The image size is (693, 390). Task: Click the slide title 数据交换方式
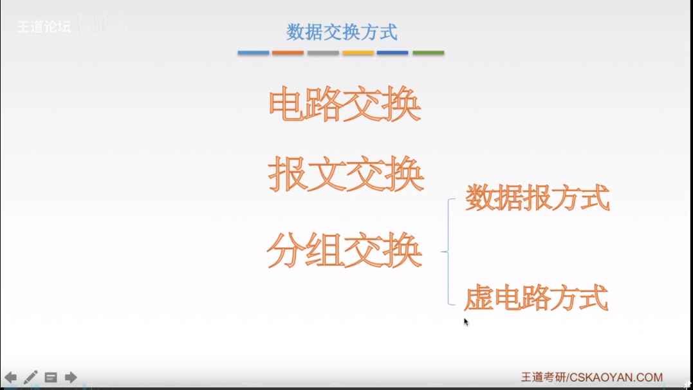click(x=341, y=31)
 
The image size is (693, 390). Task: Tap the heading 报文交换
click(x=346, y=174)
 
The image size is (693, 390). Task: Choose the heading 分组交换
click(x=345, y=251)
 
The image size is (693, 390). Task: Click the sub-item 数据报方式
click(x=537, y=198)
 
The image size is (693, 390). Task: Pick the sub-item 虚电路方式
click(x=535, y=299)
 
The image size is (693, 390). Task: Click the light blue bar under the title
click(x=253, y=53)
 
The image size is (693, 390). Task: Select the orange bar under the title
click(x=288, y=53)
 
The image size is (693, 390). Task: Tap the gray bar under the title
click(x=323, y=53)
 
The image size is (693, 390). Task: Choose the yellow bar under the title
click(x=358, y=53)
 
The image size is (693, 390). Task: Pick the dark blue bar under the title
click(x=393, y=53)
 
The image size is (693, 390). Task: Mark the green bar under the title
click(x=428, y=53)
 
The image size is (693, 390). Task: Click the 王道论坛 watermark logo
click(x=44, y=27)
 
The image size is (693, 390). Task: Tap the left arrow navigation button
click(x=11, y=377)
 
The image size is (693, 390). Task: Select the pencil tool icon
click(x=30, y=377)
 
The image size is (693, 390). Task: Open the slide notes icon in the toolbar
click(x=51, y=377)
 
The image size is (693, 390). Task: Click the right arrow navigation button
click(x=71, y=377)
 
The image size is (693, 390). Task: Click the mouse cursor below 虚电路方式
click(x=466, y=322)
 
